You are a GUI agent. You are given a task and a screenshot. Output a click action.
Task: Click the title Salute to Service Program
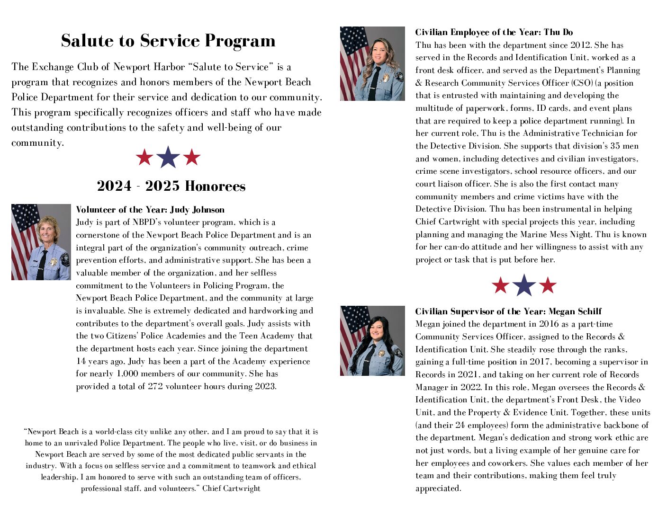click(168, 41)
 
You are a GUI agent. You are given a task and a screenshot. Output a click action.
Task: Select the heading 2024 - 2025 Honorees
click(171, 186)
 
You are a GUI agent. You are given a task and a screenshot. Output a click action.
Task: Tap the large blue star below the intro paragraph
click(168, 157)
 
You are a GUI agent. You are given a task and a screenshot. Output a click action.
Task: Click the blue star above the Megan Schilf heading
click(524, 285)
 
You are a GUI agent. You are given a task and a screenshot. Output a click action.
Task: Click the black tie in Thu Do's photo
click(374, 83)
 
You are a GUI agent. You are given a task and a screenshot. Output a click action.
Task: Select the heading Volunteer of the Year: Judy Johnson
click(150, 210)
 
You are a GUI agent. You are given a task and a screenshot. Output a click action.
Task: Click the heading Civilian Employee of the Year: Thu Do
click(494, 32)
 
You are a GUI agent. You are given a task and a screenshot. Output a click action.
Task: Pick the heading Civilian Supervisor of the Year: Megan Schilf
click(508, 311)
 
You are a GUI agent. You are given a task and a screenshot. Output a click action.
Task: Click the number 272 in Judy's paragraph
click(155, 386)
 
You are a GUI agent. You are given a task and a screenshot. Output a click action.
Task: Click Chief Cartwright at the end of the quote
click(231, 488)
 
